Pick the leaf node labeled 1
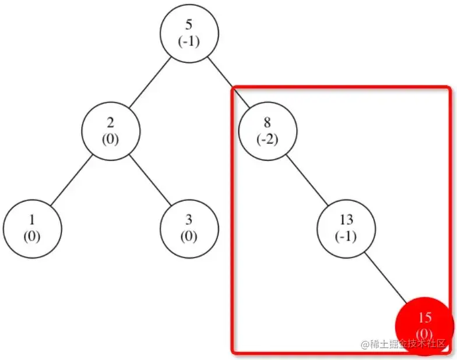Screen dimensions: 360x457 (x=32, y=227)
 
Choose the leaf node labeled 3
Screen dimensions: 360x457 (x=189, y=227)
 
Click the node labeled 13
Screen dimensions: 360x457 (x=346, y=227)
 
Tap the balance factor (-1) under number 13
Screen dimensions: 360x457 (x=346, y=237)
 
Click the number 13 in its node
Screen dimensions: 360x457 (x=346, y=220)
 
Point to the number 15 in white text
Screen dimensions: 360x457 (x=425, y=318)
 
